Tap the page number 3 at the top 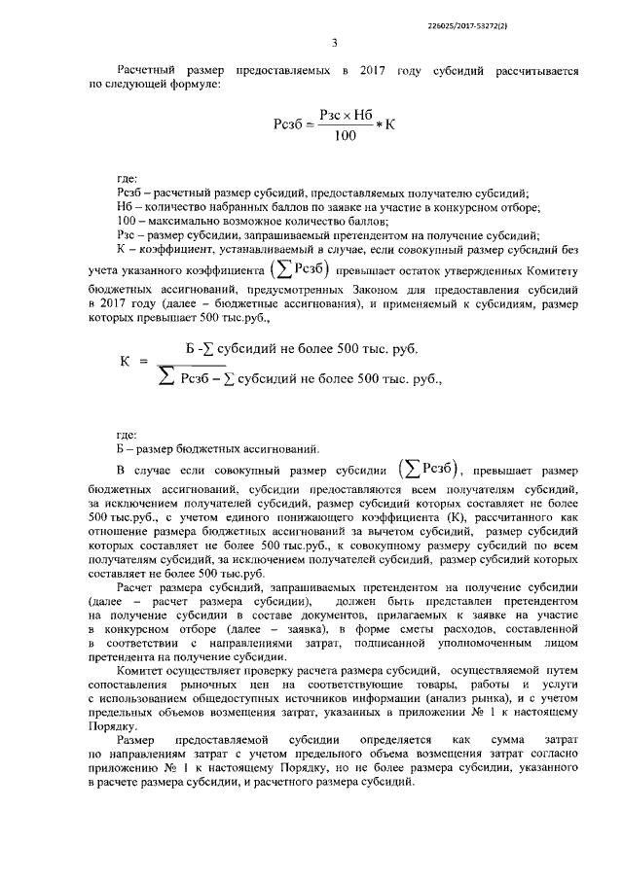coord(334,42)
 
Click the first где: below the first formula coord(127,181)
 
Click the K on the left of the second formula coord(126,361)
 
